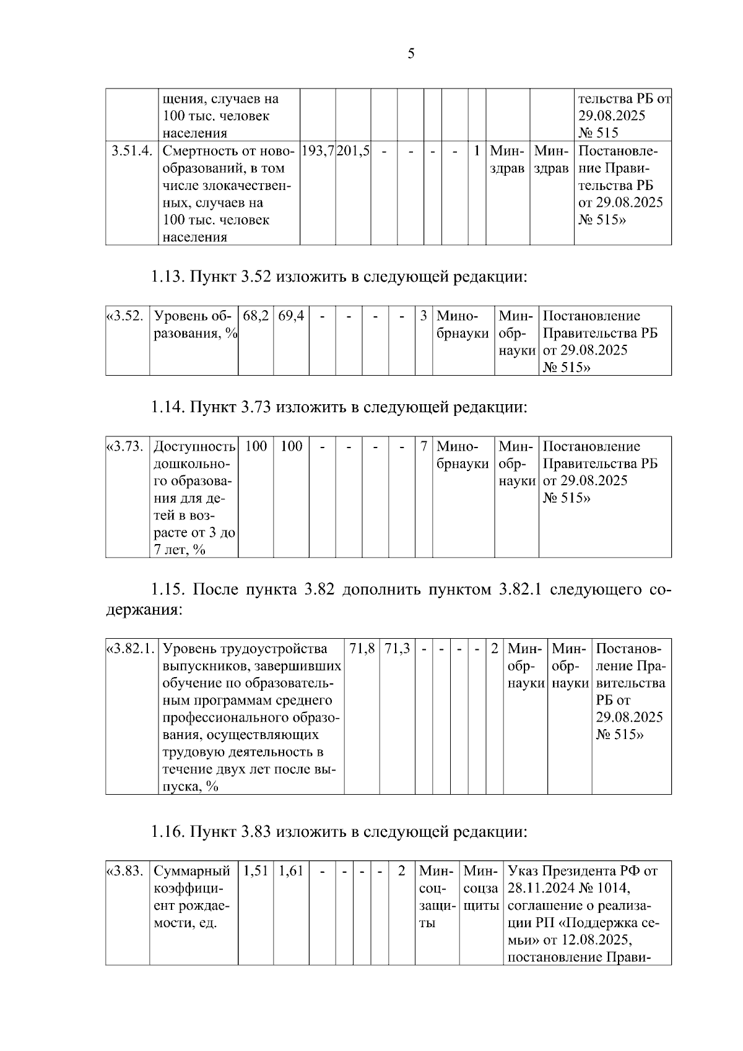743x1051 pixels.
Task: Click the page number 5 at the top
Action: (x=411, y=54)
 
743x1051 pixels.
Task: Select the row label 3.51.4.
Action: (x=132, y=151)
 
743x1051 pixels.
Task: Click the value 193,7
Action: (x=318, y=151)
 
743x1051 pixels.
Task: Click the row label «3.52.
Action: (x=126, y=316)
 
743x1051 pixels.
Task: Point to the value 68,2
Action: (x=256, y=316)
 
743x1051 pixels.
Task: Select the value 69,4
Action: (x=291, y=316)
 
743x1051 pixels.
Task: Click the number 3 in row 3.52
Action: (x=424, y=316)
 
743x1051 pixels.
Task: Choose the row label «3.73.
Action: (x=126, y=446)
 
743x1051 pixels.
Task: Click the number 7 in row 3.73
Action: (x=424, y=446)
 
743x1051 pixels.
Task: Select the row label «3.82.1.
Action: (x=131, y=649)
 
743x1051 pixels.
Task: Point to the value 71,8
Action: (x=362, y=649)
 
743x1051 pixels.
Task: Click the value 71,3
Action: (x=398, y=649)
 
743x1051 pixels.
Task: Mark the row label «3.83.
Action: (x=126, y=871)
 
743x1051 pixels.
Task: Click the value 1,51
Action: (x=256, y=871)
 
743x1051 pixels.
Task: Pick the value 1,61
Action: (x=291, y=871)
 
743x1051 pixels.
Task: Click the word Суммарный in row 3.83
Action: (x=192, y=871)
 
